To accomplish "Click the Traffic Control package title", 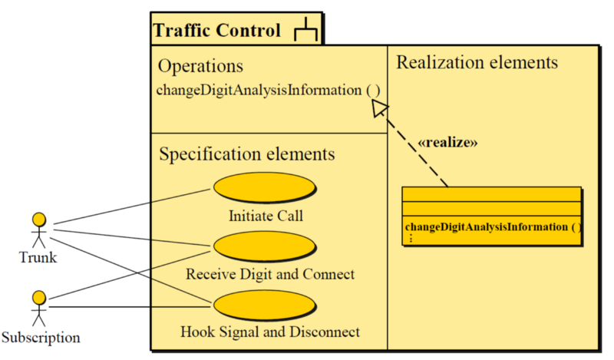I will (217, 31).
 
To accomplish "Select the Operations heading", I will (200, 66).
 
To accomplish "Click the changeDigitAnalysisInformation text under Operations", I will (268, 90).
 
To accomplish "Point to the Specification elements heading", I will (246, 154).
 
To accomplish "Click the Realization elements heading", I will (477, 62).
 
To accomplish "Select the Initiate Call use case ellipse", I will (265, 188).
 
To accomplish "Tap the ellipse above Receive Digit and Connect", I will (265, 246).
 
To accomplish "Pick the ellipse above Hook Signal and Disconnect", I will (265, 306).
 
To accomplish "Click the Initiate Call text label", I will (266, 216).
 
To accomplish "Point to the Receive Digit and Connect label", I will (270, 274).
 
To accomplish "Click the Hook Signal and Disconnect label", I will (270, 332).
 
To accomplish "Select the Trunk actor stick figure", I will (39, 230).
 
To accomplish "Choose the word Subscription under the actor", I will (40, 337).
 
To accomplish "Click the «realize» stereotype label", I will (447, 143).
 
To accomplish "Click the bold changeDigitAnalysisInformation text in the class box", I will (491, 226).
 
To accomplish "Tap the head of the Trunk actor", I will (39, 219).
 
